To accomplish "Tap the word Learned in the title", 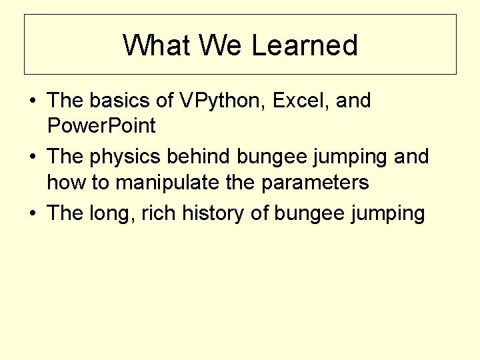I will click(305, 45).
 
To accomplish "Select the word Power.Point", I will click(101, 125).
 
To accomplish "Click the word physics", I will click(122, 157).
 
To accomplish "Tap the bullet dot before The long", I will click(33, 214).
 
